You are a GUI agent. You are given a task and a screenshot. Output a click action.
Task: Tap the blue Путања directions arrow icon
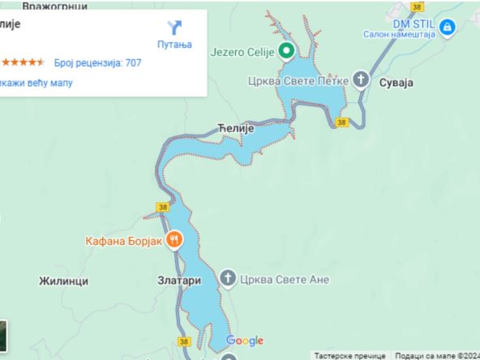point(174,28)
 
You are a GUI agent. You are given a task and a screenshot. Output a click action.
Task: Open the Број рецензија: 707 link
point(98,62)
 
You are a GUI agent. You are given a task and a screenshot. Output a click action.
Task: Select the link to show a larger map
point(36,82)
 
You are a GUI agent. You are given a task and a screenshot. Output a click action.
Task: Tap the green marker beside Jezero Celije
point(286,53)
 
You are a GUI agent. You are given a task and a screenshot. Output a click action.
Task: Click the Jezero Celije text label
point(242,53)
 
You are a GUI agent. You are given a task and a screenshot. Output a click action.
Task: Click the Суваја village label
point(397,83)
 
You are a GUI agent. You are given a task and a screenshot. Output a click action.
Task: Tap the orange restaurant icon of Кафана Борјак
point(174,239)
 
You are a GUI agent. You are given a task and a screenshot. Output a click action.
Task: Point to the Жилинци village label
point(62,281)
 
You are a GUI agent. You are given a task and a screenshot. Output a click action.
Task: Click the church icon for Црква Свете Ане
point(229,280)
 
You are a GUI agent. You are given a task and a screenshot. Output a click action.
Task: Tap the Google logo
point(245,341)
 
